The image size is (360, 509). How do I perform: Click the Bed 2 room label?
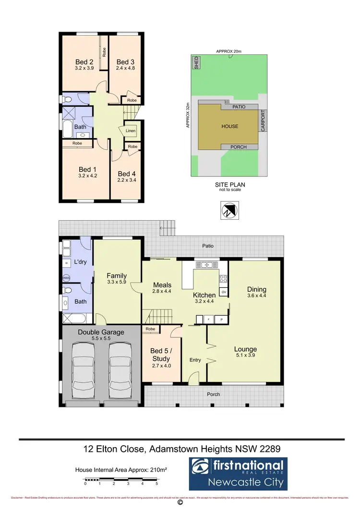pyautogui.click(x=84, y=62)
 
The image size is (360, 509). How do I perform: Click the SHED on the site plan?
pyautogui.click(x=196, y=63)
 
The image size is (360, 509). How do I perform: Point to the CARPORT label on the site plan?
pyautogui.click(x=262, y=123)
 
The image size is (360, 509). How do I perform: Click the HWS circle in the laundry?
pyautogui.click(x=66, y=278)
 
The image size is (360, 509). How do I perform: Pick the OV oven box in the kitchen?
pyautogui.click(x=223, y=292)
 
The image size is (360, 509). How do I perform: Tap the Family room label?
pyautogui.click(x=117, y=275)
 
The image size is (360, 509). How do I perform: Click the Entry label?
pyautogui.click(x=195, y=360)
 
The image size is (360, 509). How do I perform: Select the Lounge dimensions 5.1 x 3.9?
pyautogui.click(x=245, y=356)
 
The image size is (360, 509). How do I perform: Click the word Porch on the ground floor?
pyautogui.click(x=213, y=394)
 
